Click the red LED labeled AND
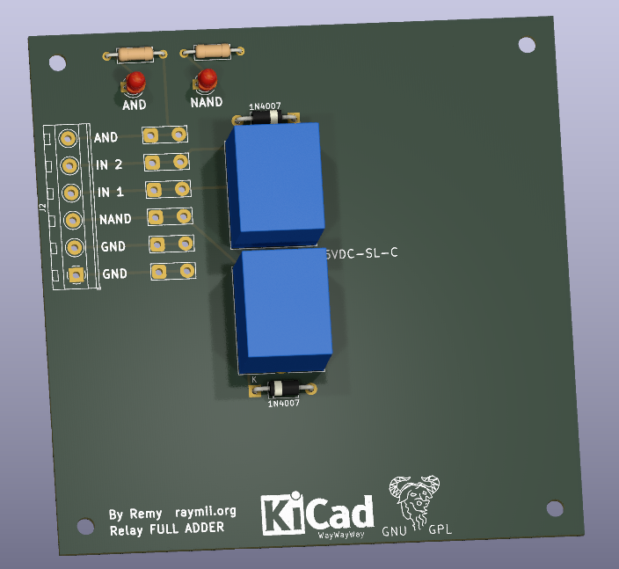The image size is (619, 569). pos(135,84)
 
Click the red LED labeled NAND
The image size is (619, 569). pos(207,80)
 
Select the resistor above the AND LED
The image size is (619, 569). pos(135,55)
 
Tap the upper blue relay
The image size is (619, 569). pos(274,183)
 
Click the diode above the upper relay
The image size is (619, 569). pos(266,117)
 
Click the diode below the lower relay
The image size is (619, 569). pos(283,389)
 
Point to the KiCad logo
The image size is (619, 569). pos(317,513)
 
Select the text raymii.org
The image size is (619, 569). pos(205,511)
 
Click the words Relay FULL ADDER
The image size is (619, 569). pos(166,529)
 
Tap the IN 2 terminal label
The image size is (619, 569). pos(109,164)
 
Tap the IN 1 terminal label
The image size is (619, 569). pos(110,192)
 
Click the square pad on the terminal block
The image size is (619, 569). pos(76,275)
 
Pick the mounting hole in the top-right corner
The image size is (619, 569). pos(526,44)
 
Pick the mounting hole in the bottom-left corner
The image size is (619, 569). pos(84,526)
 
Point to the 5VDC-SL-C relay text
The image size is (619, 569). pos(361,254)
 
